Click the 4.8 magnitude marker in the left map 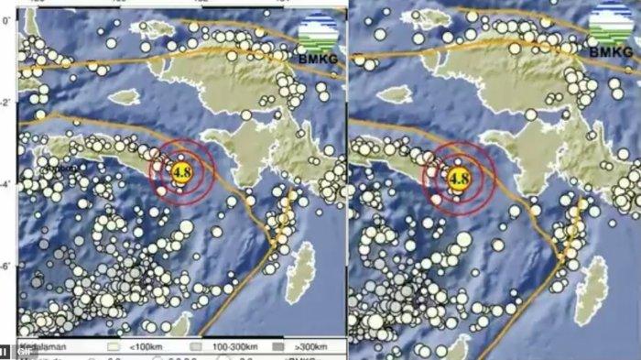coord(181,172)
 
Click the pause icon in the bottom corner coord(5,352)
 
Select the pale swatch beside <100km coord(115,349)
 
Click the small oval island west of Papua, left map coord(126,94)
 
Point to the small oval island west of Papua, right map coord(395,94)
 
